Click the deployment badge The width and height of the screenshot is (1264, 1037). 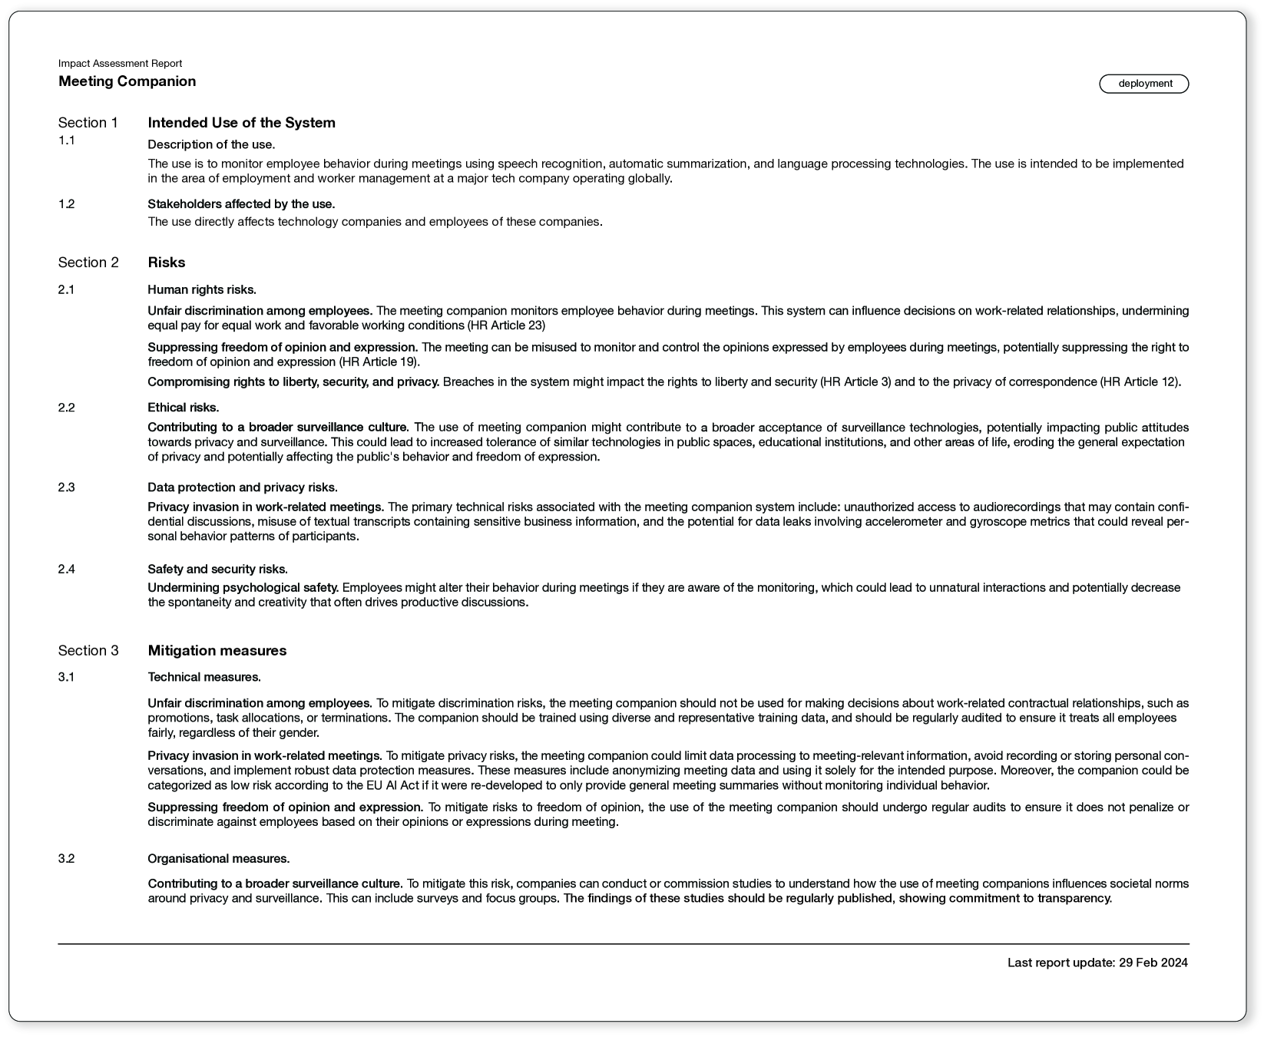point(1143,84)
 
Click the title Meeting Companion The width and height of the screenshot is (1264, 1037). point(127,81)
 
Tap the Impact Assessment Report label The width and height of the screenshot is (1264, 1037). point(120,64)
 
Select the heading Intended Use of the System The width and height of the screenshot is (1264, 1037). point(241,123)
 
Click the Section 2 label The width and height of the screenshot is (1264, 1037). point(88,263)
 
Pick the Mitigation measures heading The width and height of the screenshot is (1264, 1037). point(217,651)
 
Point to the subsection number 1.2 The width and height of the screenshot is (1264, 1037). point(66,204)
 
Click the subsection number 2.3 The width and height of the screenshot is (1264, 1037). point(66,487)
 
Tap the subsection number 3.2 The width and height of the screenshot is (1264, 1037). point(66,859)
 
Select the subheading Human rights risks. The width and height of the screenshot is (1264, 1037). point(201,290)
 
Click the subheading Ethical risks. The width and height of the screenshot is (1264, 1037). point(183,408)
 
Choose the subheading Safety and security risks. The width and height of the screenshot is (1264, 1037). point(217,570)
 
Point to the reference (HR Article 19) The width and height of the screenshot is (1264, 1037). point(379,362)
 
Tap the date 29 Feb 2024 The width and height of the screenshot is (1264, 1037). point(1153,963)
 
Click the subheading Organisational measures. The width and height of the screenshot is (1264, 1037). point(218,859)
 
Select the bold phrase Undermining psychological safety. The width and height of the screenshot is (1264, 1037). point(243,588)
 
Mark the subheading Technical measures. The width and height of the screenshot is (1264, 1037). point(203,677)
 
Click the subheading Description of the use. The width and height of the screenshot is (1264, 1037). point(211,144)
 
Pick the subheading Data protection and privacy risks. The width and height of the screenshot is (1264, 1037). point(242,487)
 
